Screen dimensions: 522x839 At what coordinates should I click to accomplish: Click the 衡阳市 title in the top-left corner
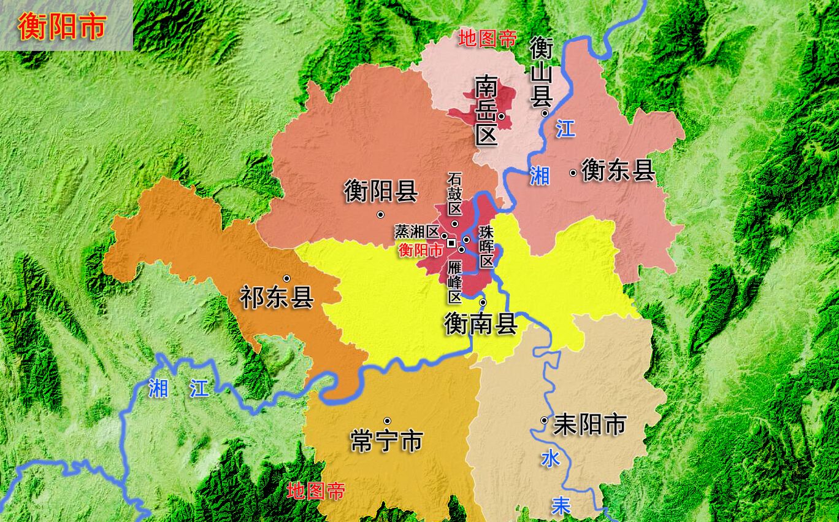[x=62, y=26]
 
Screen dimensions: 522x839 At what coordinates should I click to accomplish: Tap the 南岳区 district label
[x=486, y=111]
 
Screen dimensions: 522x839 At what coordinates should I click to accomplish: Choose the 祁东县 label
[x=277, y=298]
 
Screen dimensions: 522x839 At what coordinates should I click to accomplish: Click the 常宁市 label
[x=386, y=440]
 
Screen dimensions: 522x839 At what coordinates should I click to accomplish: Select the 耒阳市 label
[x=589, y=424]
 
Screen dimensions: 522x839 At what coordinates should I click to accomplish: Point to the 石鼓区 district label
[x=454, y=193]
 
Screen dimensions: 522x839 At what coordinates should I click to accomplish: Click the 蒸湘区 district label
[x=417, y=232]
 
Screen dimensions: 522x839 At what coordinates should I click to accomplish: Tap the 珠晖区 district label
[x=486, y=246]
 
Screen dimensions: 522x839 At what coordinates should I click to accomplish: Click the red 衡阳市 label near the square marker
[x=421, y=250]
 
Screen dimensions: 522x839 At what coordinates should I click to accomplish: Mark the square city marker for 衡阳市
[x=451, y=243]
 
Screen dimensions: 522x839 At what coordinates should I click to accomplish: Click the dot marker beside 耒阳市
[x=544, y=420]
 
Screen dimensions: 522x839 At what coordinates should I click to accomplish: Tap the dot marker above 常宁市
[x=387, y=421]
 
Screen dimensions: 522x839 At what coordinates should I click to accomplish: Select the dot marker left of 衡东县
[x=573, y=173]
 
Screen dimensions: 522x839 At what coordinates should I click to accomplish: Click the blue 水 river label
[x=550, y=458]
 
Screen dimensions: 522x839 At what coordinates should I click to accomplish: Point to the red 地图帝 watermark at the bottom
[x=316, y=491]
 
